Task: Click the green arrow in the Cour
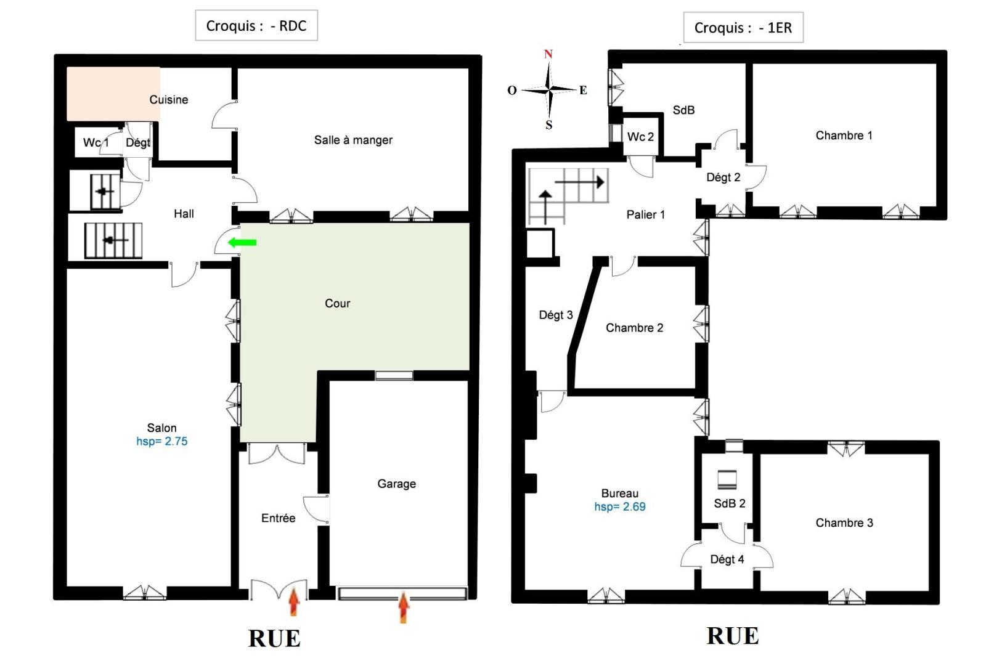click(242, 242)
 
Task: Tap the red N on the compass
click(548, 54)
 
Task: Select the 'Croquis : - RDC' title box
click(256, 25)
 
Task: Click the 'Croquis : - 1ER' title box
click(743, 27)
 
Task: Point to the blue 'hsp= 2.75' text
click(162, 441)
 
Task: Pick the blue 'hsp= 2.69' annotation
click(620, 506)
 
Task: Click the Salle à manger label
click(353, 140)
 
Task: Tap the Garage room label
click(397, 484)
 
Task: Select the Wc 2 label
click(640, 137)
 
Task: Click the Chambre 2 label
click(634, 328)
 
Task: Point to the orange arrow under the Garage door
click(403, 607)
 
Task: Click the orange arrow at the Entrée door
click(294, 603)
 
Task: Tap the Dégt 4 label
click(727, 559)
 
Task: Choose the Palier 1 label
click(645, 215)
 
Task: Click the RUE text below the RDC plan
click(274, 638)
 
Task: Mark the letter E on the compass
click(583, 90)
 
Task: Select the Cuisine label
click(169, 100)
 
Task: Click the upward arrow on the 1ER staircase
click(545, 208)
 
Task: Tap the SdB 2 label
click(730, 503)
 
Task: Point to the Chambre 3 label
click(844, 523)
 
